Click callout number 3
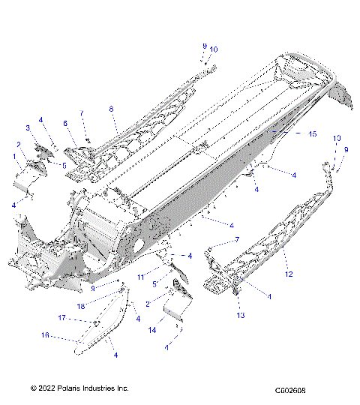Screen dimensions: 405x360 click(28, 128)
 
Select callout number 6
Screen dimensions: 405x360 click(65, 123)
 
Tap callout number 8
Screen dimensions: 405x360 click(112, 109)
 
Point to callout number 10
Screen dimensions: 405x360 click(214, 49)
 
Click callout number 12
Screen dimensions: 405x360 click(288, 274)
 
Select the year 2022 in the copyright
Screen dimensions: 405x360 click(44, 388)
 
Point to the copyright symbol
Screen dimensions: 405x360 click(33, 388)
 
